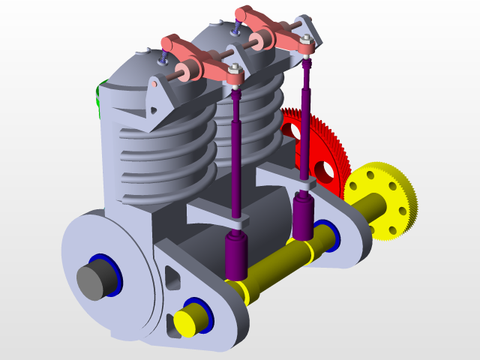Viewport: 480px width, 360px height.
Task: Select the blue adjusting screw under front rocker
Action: [x=163, y=56]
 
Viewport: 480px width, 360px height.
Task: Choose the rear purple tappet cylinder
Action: [x=303, y=217]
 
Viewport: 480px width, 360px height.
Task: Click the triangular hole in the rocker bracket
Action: [x=154, y=110]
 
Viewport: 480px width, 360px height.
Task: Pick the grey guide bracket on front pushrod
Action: [x=217, y=214]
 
